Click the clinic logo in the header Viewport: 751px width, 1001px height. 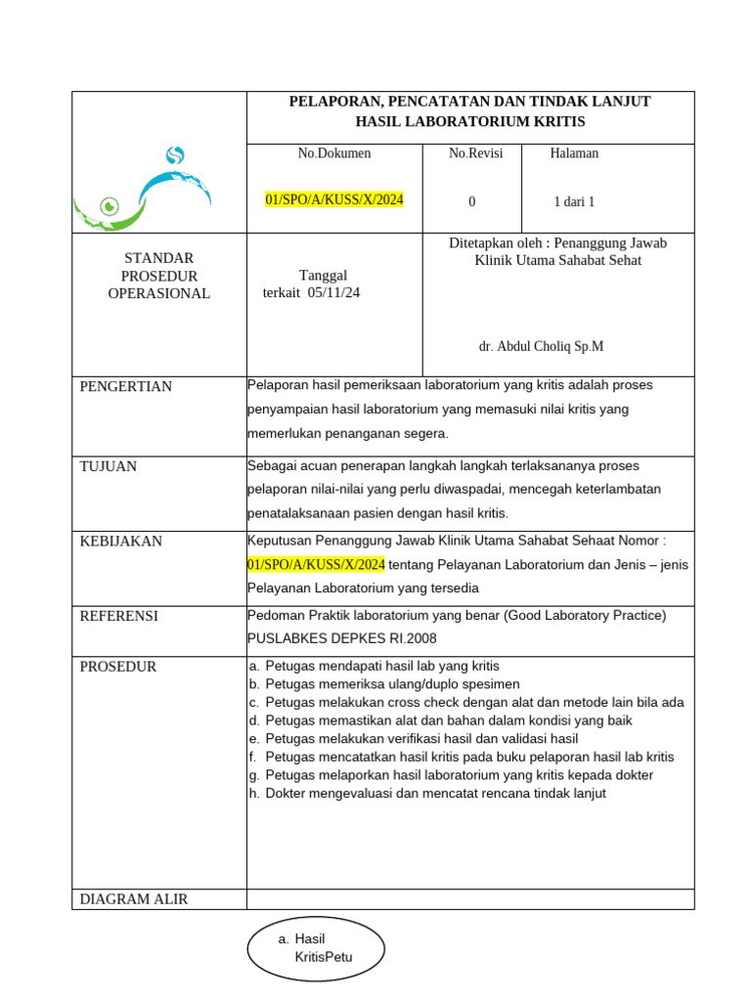click(142, 187)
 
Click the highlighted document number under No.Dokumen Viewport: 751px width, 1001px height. click(334, 200)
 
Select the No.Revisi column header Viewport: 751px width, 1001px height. click(475, 153)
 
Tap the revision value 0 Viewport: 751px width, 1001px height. click(472, 202)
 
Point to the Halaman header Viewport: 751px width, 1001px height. click(574, 153)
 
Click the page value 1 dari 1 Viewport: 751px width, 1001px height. click(574, 202)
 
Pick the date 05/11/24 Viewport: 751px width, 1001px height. click(334, 292)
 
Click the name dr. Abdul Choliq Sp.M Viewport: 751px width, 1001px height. click(541, 346)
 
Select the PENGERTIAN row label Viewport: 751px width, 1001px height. click(125, 386)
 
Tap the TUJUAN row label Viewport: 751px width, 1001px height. click(108, 466)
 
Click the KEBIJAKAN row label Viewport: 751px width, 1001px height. click(120, 541)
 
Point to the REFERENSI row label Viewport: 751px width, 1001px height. click(118, 616)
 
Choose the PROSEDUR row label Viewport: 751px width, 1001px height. click(117, 667)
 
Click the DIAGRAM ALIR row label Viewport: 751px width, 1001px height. click(133, 899)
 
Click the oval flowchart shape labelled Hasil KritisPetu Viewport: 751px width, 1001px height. click(313, 948)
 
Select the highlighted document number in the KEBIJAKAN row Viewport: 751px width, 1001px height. click(316, 565)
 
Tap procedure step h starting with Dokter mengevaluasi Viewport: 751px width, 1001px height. click(435, 794)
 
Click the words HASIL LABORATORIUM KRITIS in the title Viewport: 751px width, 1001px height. click(469, 121)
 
